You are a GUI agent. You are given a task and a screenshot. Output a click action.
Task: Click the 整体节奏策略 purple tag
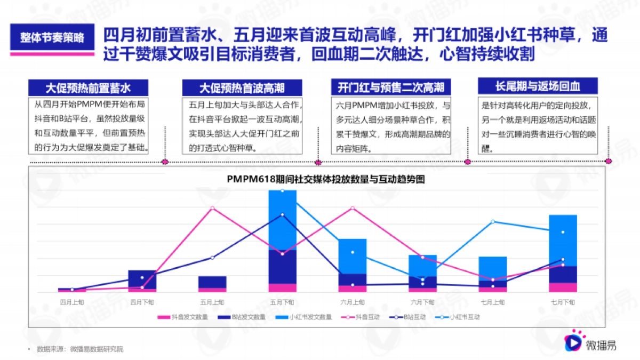tap(52, 38)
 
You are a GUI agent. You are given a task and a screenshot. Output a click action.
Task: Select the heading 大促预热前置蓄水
tap(88, 87)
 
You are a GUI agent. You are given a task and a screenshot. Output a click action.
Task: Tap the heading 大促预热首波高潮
tap(242, 88)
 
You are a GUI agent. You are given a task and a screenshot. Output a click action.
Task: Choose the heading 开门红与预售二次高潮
tap(391, 87)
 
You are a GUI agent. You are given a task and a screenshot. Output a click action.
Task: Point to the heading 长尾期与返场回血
tap(537, 86)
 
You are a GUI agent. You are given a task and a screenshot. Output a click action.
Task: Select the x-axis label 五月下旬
tap(282, 302)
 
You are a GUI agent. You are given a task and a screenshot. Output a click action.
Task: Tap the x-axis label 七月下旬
tap(563, 302)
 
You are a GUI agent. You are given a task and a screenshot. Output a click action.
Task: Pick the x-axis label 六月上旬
tap(353, 302)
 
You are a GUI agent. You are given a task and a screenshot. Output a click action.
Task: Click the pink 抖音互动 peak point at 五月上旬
tap(212, 208)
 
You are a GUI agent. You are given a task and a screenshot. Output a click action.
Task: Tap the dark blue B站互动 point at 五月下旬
tap(282, 215)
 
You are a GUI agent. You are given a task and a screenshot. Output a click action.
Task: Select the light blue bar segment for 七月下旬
tap(563, 240)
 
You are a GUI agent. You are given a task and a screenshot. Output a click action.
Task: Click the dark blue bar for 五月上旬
tap(212, 282)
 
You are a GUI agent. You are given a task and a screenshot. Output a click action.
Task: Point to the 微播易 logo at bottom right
tap(591, 342)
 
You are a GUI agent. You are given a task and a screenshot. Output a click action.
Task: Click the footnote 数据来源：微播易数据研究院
tap(80, 349)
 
